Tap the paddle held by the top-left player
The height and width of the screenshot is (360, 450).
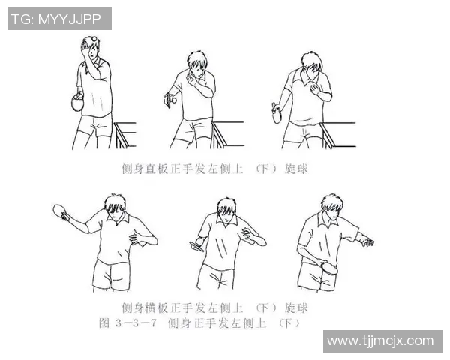coord(76,103)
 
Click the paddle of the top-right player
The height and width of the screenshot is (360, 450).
coord(277,114)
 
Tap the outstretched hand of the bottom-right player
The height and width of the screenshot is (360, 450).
coord(365,241)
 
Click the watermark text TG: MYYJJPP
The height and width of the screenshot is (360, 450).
coord(59,19)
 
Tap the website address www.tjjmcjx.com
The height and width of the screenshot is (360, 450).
coord(380,340)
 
